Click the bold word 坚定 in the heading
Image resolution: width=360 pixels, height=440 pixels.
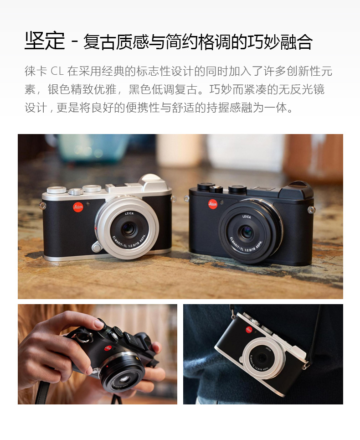click(45, 41)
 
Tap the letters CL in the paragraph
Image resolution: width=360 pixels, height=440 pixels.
click(57, 71)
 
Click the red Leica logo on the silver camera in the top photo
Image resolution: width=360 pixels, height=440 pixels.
click(78, 207)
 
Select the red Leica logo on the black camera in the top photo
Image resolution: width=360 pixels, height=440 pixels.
click(213, 204)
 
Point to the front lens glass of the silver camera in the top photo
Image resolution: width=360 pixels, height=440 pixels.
click(128, 229)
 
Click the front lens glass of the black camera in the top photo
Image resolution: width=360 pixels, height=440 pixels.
click(246, 232)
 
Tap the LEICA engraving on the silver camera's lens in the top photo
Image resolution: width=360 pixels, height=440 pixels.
click(129, 213)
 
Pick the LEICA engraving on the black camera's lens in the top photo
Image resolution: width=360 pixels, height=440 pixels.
click(247, 216)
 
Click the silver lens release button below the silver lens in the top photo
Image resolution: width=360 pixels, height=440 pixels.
click(96, 248)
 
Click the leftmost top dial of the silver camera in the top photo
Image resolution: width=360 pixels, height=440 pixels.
click(57, 190)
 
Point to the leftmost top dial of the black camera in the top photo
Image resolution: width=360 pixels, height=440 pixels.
click(206, 186)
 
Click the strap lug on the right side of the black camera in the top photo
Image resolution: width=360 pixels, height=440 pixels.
click(311, 209)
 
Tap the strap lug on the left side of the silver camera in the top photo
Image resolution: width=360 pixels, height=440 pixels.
click(42, 206)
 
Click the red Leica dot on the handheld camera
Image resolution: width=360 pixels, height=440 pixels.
click(108, 348)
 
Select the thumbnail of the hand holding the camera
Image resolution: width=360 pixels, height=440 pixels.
click(98, 354)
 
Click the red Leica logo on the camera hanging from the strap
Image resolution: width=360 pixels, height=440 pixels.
click(249, 330)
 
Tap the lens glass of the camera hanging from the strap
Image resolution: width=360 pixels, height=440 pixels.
click(262, 357)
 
